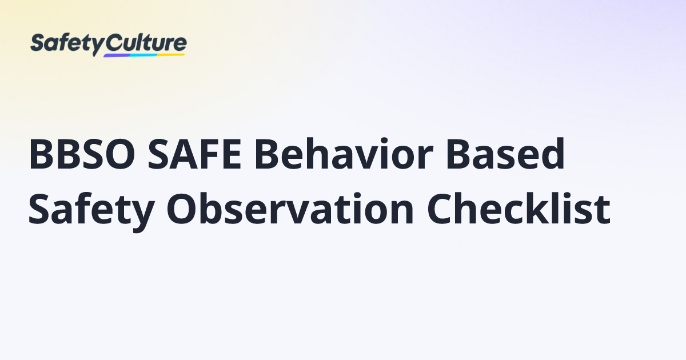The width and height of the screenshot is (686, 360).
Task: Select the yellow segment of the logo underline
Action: click(171, 54)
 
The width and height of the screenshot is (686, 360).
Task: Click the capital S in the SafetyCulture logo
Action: click(37, 43)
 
